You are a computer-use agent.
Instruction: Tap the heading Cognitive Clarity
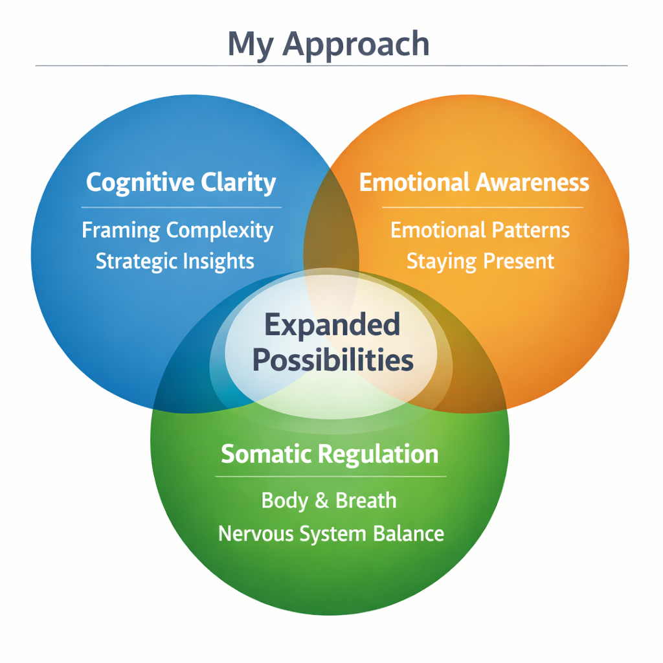181,183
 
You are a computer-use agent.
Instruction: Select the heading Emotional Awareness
474,182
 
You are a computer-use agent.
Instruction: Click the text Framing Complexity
177,231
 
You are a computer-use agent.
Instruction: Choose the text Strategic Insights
175,262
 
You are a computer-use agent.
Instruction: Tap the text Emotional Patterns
480,230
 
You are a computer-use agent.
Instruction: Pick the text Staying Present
480,262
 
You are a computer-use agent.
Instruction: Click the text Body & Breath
329,501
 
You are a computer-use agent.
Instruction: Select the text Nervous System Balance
331,534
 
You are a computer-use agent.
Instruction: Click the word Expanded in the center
332,325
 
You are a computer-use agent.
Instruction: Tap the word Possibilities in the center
333,360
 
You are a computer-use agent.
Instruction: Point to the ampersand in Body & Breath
322,500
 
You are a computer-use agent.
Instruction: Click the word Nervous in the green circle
255,534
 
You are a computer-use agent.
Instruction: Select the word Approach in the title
356,45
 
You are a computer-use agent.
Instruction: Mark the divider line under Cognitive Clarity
181,208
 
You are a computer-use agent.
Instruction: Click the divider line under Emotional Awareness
482,208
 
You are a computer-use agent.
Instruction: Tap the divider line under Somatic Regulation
331,477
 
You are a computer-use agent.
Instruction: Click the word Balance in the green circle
409,534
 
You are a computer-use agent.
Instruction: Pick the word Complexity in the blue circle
220,231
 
